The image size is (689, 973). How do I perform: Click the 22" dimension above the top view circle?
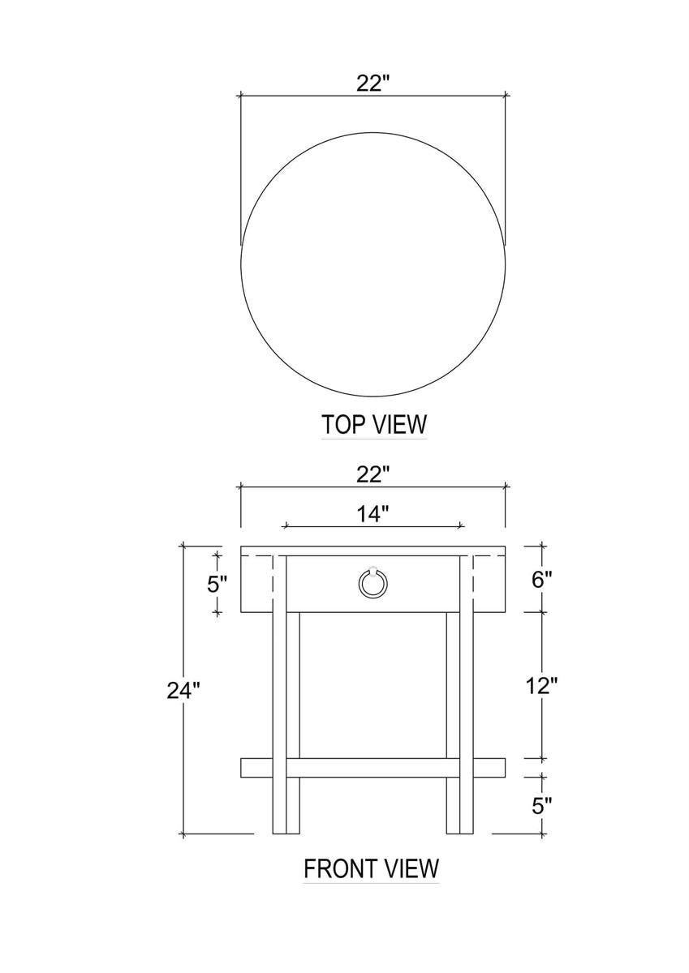(x=372, y=83)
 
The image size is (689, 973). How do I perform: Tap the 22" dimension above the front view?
(x=372, y=475)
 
